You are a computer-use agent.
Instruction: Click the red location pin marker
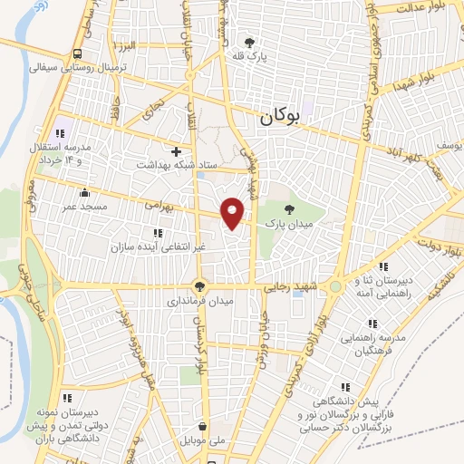pyautogui.click(x=234, y=212)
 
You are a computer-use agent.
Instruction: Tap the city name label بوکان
pyautogui.click(x=279, y=116)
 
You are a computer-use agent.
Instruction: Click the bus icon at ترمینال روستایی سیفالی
pyautogui.click(x=79, y=53)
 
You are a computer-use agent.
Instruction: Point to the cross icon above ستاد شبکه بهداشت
pyautogui.click(x=177, y=150)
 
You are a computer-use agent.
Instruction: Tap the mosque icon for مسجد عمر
pyautogui.click(x=84, y=192)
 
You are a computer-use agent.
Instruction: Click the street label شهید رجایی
pyautogui.click(x=287, y=287)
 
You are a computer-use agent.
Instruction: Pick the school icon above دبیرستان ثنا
pyautogui.click(x=382, y=267)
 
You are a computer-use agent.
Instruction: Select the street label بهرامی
pyautogui.click(x=158, y=205)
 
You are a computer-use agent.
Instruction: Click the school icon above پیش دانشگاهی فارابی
pyautogui.click(x=360, y=383)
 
